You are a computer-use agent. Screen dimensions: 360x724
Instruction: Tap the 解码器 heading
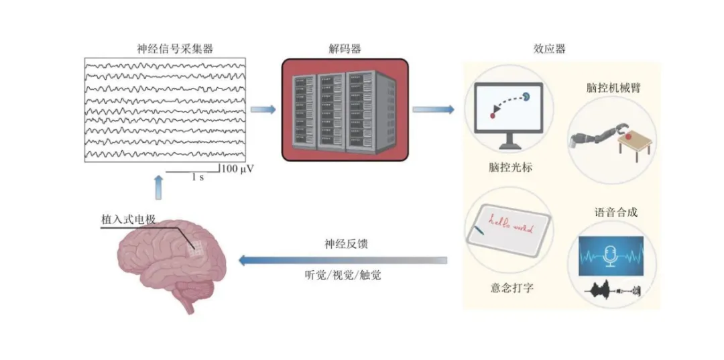(x=345, y=49)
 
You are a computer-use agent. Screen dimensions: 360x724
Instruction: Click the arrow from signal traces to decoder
(x=263, y=109)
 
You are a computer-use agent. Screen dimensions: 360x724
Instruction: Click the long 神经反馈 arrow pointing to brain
(x=342, y=259)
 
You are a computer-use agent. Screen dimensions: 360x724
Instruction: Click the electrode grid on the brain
(x=196, y=249)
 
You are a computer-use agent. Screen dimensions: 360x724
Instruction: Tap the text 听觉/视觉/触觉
(x=342, y=275)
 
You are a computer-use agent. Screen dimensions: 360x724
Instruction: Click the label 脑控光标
(x=511, y=167)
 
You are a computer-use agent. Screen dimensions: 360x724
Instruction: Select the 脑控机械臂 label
(x=612, y=87)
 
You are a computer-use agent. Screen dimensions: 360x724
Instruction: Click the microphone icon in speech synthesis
(x=611, y=254)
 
